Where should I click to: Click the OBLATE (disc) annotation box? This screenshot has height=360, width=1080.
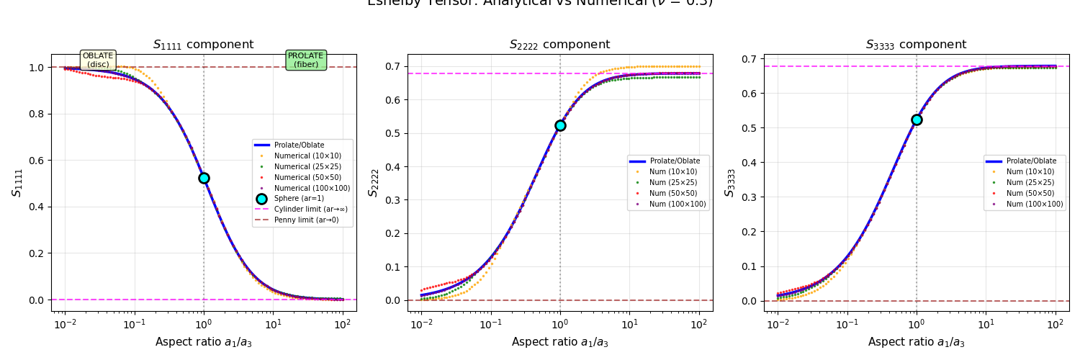tap(98, 60)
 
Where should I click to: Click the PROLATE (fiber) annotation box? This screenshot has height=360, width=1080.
tap(306, 60)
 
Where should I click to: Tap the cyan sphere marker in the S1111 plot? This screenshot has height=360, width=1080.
tap(204, 178)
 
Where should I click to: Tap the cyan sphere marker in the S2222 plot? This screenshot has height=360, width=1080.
tap(560, 125)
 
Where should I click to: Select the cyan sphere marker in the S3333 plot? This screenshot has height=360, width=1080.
tap(917, 120)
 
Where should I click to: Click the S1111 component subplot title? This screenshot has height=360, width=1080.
tap(204, 45)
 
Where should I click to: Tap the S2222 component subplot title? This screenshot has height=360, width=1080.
tap(560, 45)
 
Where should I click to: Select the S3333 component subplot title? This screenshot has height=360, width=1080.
tap(917, 45)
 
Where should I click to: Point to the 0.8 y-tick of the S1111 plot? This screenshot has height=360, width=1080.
tap(37, 114)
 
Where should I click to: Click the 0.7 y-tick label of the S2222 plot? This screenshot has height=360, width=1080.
tap(393, 66)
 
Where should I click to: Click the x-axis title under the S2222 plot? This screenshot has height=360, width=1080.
tap(560, 342)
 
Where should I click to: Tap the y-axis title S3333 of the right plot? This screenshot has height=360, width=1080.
tap(729, 182)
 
